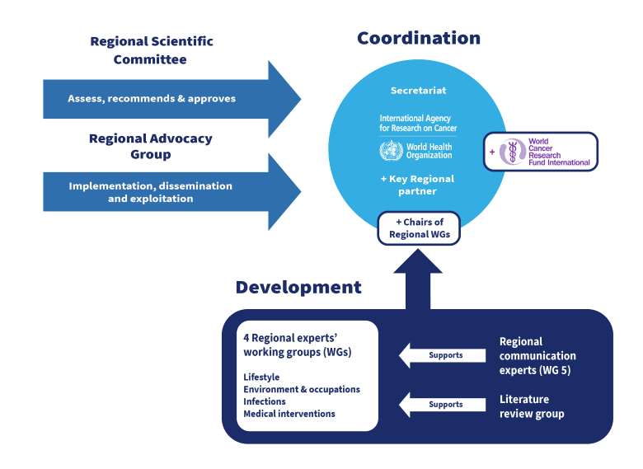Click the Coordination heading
click(419, 39)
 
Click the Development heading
click(298, 288)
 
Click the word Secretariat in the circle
click(418, 90)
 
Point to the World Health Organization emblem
click(392, 151)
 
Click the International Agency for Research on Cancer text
click(418, 124)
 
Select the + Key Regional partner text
click(417, 185)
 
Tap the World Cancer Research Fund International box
click(541, 152)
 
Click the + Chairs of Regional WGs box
click(418, 228)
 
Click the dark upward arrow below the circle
click(418, 280)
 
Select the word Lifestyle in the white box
click(261, 378)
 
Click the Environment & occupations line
click(302, 390)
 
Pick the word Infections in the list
click(265, 401)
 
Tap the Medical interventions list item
click(289, 414)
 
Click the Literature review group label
click(532, 406)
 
